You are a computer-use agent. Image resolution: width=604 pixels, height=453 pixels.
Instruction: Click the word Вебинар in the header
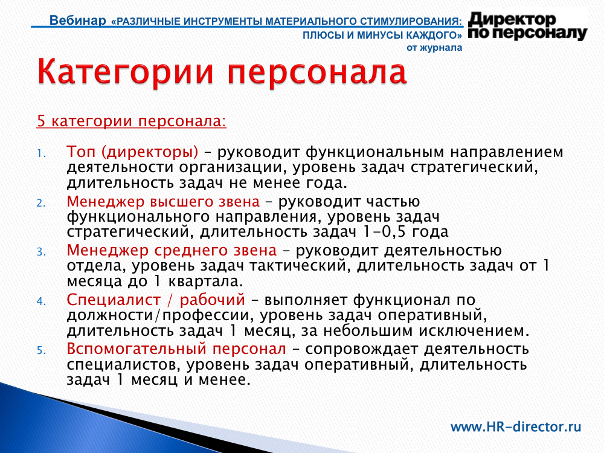[x=78, y=20]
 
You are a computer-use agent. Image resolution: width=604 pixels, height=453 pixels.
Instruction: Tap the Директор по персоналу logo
[x=527, y=26]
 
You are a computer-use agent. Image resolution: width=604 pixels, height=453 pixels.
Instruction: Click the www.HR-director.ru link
[x=516, y=427]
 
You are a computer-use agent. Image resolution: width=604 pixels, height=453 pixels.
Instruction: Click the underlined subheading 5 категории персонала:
[x=131, y=121]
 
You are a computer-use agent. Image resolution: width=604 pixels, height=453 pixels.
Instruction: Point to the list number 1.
[x=41, y=154]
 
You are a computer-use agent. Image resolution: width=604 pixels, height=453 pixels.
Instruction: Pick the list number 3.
[x=41, y=252]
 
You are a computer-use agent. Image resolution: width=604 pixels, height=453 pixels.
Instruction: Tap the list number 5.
[x=41, y=350]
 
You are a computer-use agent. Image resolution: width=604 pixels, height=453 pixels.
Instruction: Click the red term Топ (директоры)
[x=132, y=153]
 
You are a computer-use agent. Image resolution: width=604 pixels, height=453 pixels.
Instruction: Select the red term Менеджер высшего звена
[x=163, y=202]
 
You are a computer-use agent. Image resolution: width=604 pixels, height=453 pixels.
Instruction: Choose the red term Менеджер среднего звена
[x=172, y=251]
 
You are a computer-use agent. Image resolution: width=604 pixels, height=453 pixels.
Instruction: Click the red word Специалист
[x=114, y=300]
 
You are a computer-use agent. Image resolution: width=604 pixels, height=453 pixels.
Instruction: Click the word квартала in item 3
[x=206, y=281]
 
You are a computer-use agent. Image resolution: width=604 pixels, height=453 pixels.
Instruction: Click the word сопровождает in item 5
[x=361, y=350]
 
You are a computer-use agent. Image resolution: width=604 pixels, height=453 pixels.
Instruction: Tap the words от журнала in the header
[x=434, y=48]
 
